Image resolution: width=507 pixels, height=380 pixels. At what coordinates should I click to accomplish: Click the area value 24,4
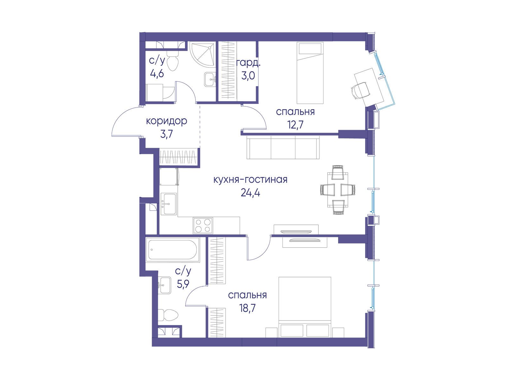point(250,193)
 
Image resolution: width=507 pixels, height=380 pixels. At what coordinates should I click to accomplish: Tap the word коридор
point(166,121)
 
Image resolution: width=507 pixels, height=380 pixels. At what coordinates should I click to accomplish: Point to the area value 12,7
point(295,125)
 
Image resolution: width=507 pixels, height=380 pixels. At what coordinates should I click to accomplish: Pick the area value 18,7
point(247,308)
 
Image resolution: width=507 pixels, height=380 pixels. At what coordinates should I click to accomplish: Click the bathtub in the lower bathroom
point(173,250)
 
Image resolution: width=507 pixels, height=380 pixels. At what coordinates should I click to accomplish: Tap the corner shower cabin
point(202,54)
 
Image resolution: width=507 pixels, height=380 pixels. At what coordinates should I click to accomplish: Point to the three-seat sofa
point(283,147)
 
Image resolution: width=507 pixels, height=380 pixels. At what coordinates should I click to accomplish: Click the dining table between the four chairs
point(338,190)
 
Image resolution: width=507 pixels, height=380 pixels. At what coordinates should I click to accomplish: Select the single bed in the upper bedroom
point(310,73)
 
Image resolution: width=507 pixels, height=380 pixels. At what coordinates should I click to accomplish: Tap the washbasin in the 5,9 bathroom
point(165,285)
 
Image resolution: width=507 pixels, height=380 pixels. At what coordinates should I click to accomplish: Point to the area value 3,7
point(166,134)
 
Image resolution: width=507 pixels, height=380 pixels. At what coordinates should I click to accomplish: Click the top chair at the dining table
point(337,172)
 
